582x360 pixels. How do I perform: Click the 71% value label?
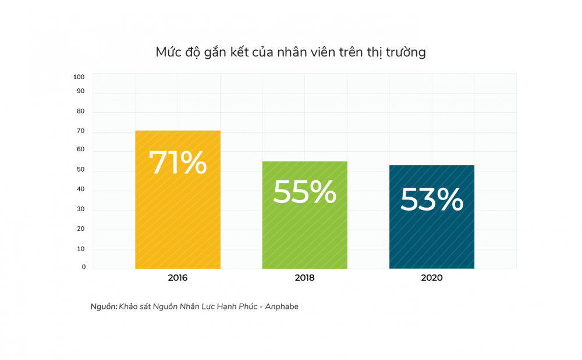pos(178,163)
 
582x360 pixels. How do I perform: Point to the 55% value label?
pos(304,192)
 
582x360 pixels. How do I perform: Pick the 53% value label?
pos(431,200)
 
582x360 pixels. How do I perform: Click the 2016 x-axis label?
pos(178,278)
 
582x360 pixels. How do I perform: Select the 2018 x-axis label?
pos(304,278)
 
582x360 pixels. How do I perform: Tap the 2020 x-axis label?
pos(431,278)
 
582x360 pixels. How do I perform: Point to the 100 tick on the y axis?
pos(79,77)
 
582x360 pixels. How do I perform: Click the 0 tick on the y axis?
pos(83,267)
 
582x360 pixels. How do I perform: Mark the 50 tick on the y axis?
pos(81,170)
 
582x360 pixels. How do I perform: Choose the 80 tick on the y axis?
pos(81,111)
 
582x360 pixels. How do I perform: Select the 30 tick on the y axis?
pos(81,209)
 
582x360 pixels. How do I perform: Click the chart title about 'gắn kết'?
pos(290,52)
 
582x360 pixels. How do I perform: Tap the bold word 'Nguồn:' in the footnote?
pos(104,306)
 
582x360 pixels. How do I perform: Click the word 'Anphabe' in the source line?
pos(282,306)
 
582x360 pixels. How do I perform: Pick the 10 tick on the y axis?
pos(81,248)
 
